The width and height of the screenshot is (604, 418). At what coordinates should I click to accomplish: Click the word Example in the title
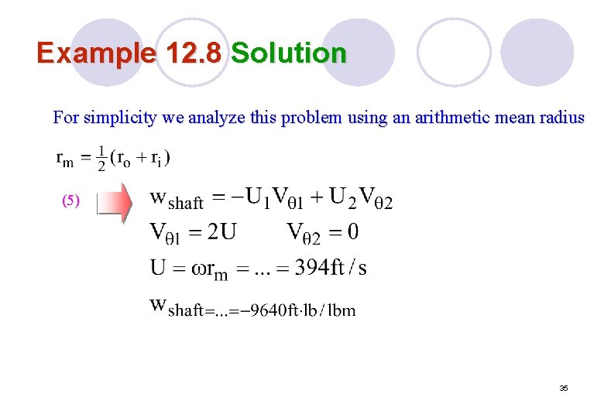pos(96,53)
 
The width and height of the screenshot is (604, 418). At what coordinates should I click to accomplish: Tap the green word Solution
pos(288,53)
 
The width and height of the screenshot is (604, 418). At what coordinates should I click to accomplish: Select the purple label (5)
pos(70,201)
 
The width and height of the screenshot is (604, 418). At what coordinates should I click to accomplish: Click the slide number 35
pos(564,389)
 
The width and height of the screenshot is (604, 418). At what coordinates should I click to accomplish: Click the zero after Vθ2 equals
pos(353,231)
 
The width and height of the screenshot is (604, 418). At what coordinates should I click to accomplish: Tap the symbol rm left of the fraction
pos(65,159)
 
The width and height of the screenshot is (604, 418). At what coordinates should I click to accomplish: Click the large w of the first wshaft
pos(157,197)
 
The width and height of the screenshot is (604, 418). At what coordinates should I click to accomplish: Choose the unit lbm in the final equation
pos(341,310)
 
